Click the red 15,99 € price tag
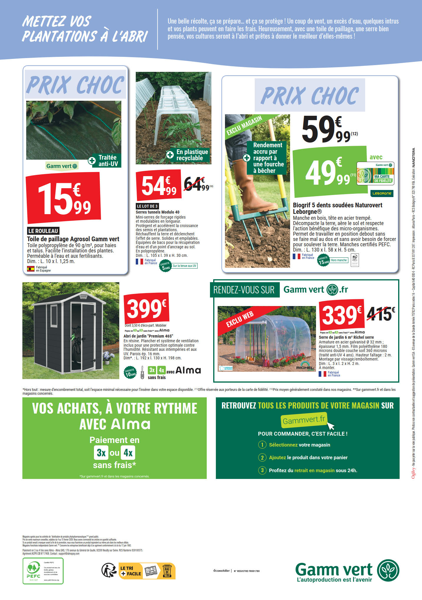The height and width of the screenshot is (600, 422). (x=63, y=198)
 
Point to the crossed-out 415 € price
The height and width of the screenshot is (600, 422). (x=380, y=314)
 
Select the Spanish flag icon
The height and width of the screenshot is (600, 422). (x=31, y=269)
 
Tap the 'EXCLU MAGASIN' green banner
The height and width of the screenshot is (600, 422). (x=244, y=125)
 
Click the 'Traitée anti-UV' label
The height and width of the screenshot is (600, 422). (x=105, y=161)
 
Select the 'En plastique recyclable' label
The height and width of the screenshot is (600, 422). (x=188, y=155)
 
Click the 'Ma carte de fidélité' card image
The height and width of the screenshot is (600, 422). (x=375, y=173)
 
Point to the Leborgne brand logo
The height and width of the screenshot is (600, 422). (x=382, y=194)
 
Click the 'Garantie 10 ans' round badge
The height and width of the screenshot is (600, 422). (x=130, y=373)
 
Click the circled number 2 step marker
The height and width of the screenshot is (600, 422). (x=262, y=457)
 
